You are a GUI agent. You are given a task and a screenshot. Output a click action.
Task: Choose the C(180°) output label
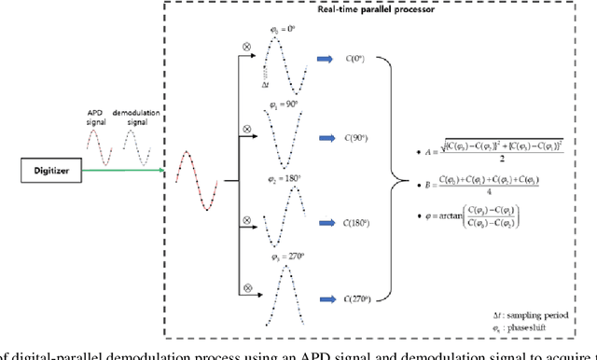354,223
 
